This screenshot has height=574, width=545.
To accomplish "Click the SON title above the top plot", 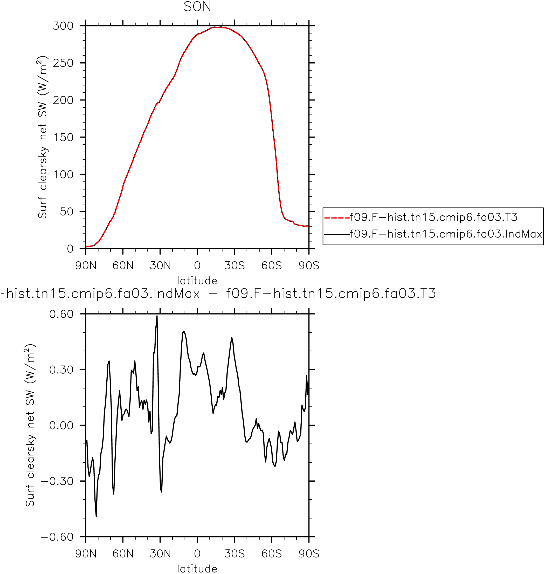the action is (197, 7).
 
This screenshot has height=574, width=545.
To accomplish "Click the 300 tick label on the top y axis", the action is (63, 26).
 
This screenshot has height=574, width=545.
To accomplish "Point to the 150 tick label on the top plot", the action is (63, 137).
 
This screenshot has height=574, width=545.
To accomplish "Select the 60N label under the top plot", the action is (123, 265).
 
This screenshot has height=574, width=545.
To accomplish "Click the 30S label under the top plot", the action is (234, 265).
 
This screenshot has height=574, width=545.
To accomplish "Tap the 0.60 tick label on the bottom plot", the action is (61, 314).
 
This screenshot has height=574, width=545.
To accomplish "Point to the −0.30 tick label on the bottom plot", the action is (57, 481).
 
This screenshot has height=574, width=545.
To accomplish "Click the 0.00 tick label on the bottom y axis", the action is (61, 426).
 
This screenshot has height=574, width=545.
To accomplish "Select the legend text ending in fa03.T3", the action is (434, 217).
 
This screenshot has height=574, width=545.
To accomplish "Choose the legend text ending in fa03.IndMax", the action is (446, 234).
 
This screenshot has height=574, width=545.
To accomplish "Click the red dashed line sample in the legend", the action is (337, 218).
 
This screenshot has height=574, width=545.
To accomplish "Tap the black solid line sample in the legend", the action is (337, 234).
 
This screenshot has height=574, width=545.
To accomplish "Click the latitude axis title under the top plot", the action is (197, 281).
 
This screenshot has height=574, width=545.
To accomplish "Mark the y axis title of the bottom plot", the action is (30, 426).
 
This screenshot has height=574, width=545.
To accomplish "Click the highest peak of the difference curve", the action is (157, 316).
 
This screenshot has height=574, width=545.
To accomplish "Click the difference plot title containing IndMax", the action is (218, 293).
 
